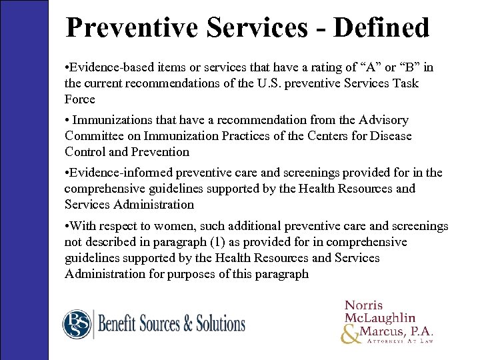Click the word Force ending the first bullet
coord(80,99)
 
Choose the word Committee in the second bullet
coord(93,136)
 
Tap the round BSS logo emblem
coord(77,325)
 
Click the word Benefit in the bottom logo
coord(121,325)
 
